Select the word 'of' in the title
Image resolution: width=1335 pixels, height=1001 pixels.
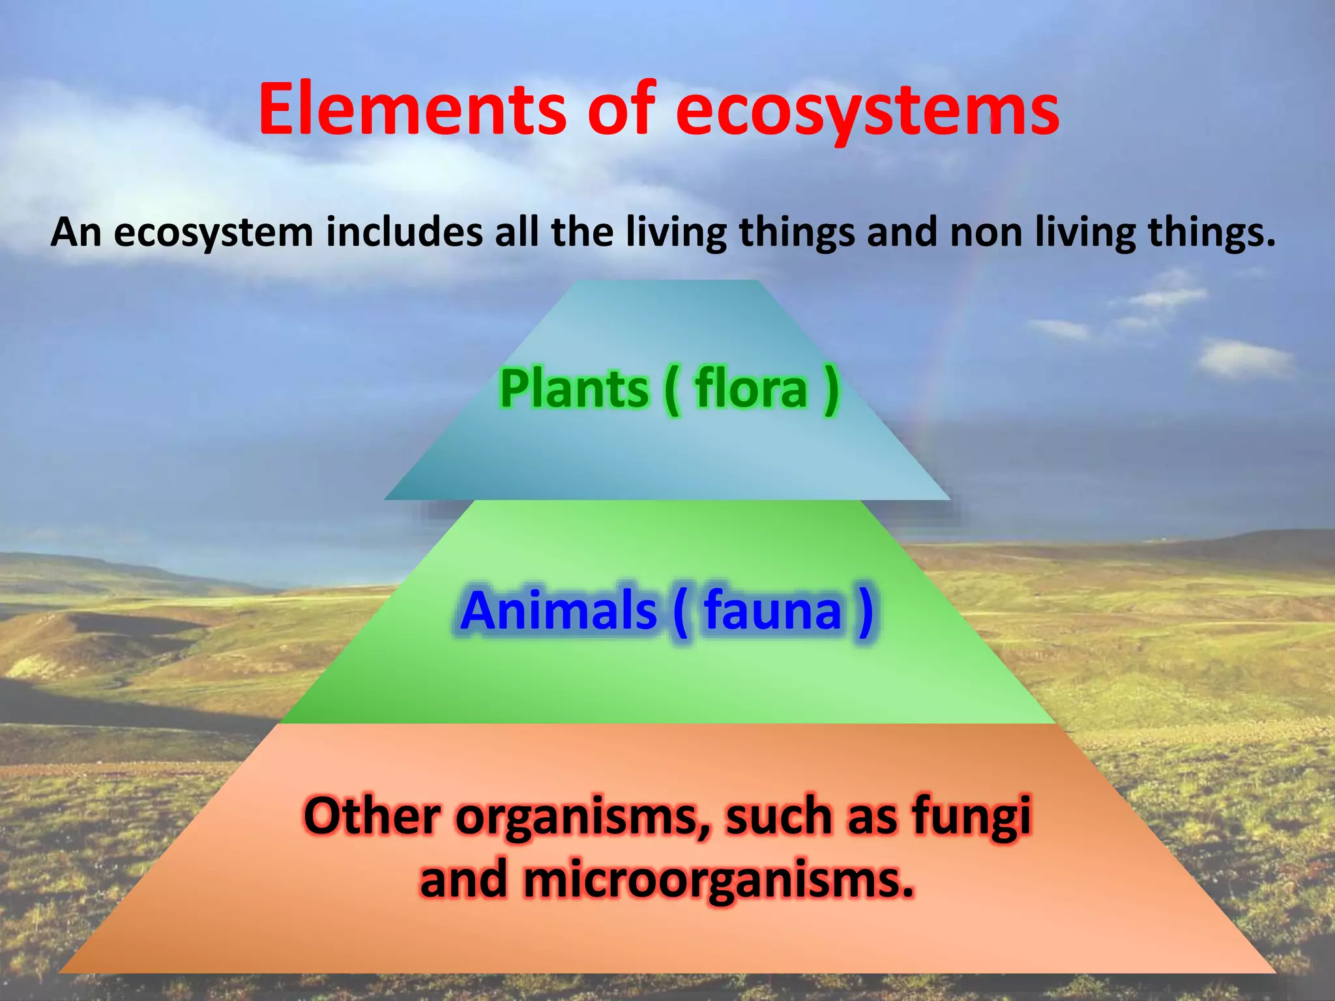tap(620, 109)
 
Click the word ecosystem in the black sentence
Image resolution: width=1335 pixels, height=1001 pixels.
tap(214, 233)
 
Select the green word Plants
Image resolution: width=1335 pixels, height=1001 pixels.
tap(574, 389)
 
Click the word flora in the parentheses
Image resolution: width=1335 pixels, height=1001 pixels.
tap(751, 389)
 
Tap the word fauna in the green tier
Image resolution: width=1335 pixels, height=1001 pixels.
tap(773, 611)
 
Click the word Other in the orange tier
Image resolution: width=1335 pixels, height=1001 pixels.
tap(372, 815)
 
